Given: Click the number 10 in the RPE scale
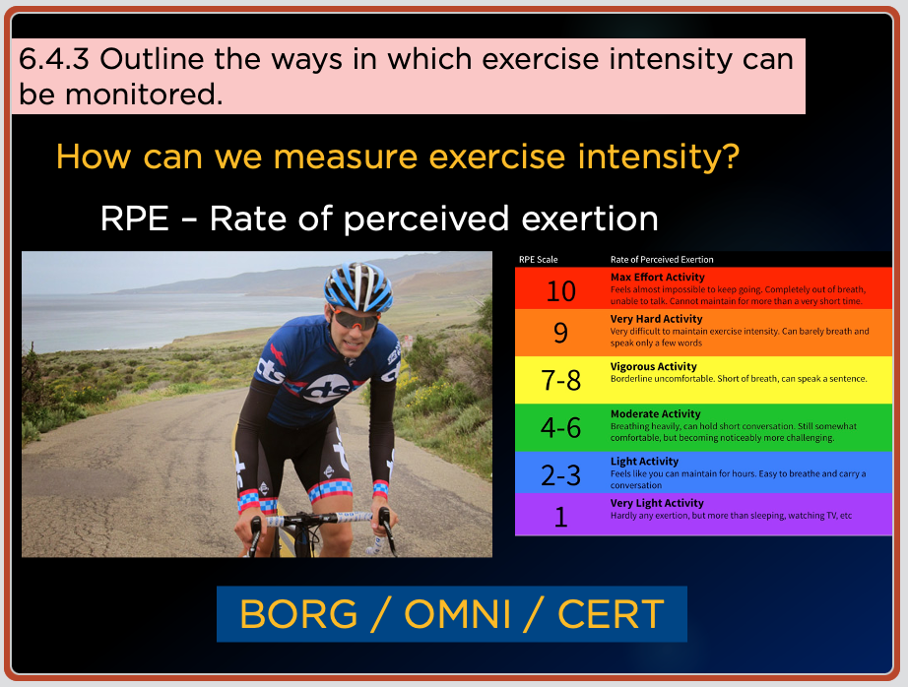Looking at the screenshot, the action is pos(561,290).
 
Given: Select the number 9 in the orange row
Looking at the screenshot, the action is pos(560,333).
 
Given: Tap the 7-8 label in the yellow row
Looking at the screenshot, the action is pos(560,380).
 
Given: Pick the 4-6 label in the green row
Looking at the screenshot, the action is pos(560,428).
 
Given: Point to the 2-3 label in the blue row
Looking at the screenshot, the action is pos(560,475).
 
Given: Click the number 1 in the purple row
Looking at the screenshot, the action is pos(560,517).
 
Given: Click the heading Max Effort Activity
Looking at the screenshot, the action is pos(657,278).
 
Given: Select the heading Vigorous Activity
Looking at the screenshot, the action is pos(653,366).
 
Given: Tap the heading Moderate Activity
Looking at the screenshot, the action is pos(656,413).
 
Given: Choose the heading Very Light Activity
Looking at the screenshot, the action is pos(657,503).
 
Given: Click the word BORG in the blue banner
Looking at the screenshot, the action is pos(298,614).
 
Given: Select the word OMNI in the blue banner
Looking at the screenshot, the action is pos(458,614).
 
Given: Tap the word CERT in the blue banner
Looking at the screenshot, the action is pos(611,614).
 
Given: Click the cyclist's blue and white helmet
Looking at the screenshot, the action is pos(358,286).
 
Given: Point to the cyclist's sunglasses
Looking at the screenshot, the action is pos(354,319).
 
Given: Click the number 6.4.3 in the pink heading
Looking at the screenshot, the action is pos(54,59).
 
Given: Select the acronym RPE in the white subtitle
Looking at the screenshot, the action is pos(134,219).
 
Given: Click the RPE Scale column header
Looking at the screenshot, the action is pos(538,259).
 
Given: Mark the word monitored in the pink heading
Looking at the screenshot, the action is pos(144,94).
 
